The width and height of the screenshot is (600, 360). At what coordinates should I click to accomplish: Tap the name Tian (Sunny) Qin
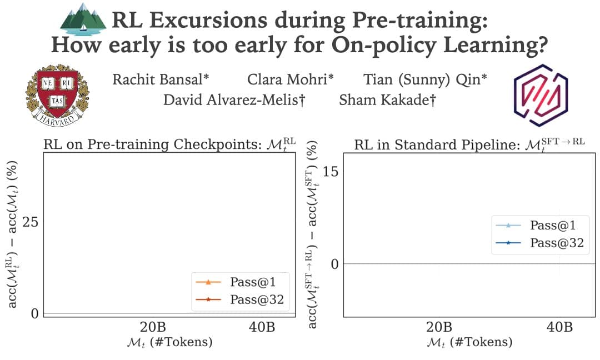pyautogui.click(x=426, y=79)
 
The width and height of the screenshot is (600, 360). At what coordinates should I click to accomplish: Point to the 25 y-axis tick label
pyautogui.click(x=30, y=222)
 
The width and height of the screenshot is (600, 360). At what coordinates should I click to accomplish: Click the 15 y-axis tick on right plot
pyautogui.click(x=330, y=172)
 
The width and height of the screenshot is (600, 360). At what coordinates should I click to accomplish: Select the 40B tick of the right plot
pyautogui.click(x=559, y=327)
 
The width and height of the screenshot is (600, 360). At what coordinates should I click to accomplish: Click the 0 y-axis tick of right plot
pyautogui.click(x=334, y=263)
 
